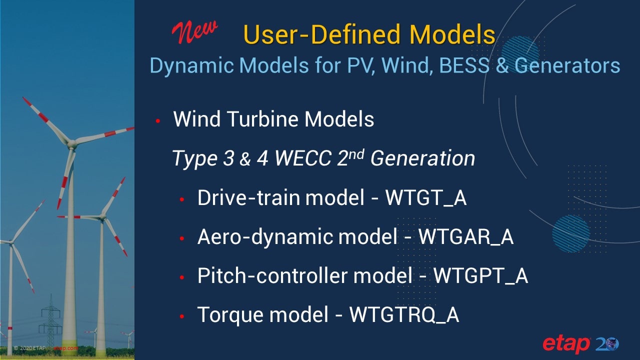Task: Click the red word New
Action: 195,32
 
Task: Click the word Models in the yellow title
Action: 452,34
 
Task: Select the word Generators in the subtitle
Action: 567,65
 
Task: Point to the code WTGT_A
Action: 426,197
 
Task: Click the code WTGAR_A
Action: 466,237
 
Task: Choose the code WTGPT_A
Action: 480,275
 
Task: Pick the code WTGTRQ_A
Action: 404,315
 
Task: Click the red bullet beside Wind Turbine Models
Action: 158,121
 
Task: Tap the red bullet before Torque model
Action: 182,316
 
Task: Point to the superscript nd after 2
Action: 356,154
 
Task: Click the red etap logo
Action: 566,344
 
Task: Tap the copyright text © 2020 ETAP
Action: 29,348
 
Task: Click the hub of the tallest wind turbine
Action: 71,143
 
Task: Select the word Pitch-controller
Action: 272,275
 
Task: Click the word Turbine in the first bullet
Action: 263,119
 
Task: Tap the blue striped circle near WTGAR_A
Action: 571,233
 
